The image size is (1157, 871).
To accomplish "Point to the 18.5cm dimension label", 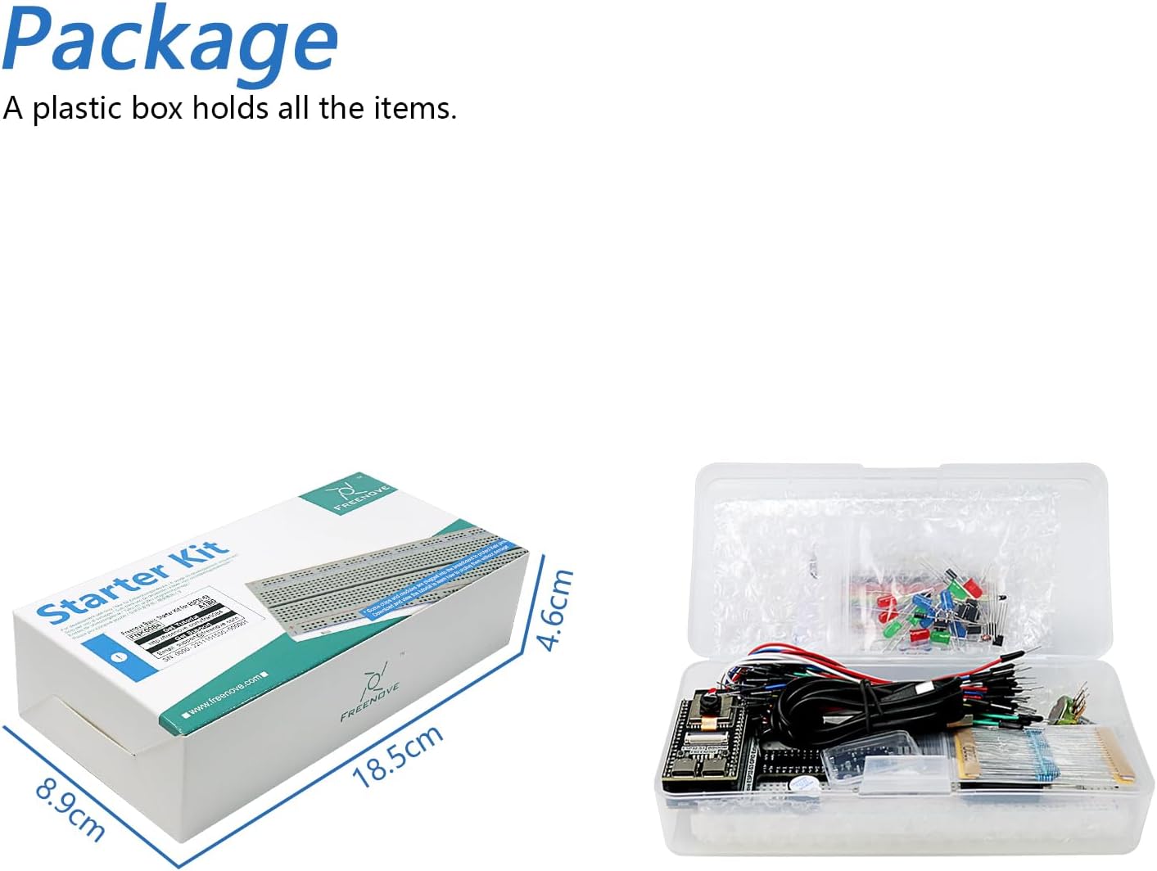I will coord(397,756).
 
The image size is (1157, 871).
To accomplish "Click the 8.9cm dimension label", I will coord(70,810).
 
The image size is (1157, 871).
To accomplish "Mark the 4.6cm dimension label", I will coord(555,609).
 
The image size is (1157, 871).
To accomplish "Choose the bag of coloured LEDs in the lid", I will coord(933,606).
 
